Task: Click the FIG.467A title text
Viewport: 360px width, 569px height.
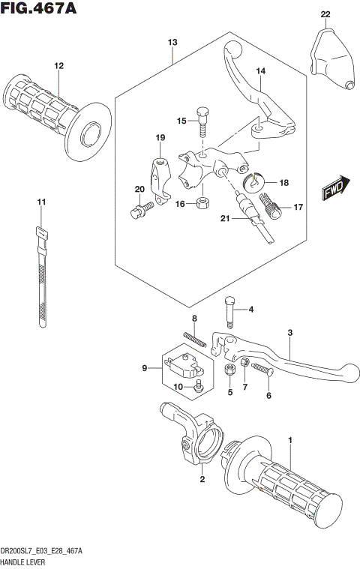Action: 40,9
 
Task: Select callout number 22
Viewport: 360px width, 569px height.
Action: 325,14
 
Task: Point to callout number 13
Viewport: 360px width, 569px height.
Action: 172,43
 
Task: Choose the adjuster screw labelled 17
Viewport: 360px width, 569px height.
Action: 271,205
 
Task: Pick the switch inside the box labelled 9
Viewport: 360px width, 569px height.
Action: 182,366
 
